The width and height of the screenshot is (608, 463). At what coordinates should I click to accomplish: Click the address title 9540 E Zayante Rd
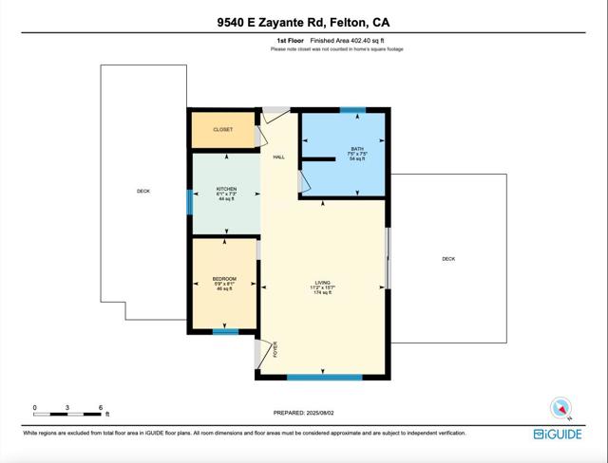click(303, 21)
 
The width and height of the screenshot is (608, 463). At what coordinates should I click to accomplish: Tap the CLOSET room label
click(223, 129)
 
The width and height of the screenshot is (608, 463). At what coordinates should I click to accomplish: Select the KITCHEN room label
click(226, 189)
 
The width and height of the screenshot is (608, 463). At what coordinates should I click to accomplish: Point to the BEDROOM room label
click(224, 278)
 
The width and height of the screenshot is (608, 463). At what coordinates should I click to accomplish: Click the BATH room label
click(356, 149)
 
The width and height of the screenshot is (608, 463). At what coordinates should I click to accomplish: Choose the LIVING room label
click(323, 283)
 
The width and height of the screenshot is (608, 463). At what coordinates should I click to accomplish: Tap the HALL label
click(279, 157)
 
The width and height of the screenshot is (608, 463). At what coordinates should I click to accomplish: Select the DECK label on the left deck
click(143, 192)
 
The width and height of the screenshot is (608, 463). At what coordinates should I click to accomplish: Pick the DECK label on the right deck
click(447, 259)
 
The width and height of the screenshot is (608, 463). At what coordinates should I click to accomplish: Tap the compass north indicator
click(560, 408)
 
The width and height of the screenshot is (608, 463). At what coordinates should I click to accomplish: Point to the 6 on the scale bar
click(101, 407)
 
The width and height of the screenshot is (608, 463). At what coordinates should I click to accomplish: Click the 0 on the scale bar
click(35, 407)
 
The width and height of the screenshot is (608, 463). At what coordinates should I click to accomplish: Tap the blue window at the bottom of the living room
click(325, 378)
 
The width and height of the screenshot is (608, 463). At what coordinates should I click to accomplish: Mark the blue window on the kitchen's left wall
click(189, 201)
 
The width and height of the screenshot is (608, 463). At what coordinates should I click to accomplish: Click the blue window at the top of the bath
click(353, 110)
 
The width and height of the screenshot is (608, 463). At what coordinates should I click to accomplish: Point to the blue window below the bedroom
click(225, 332)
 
